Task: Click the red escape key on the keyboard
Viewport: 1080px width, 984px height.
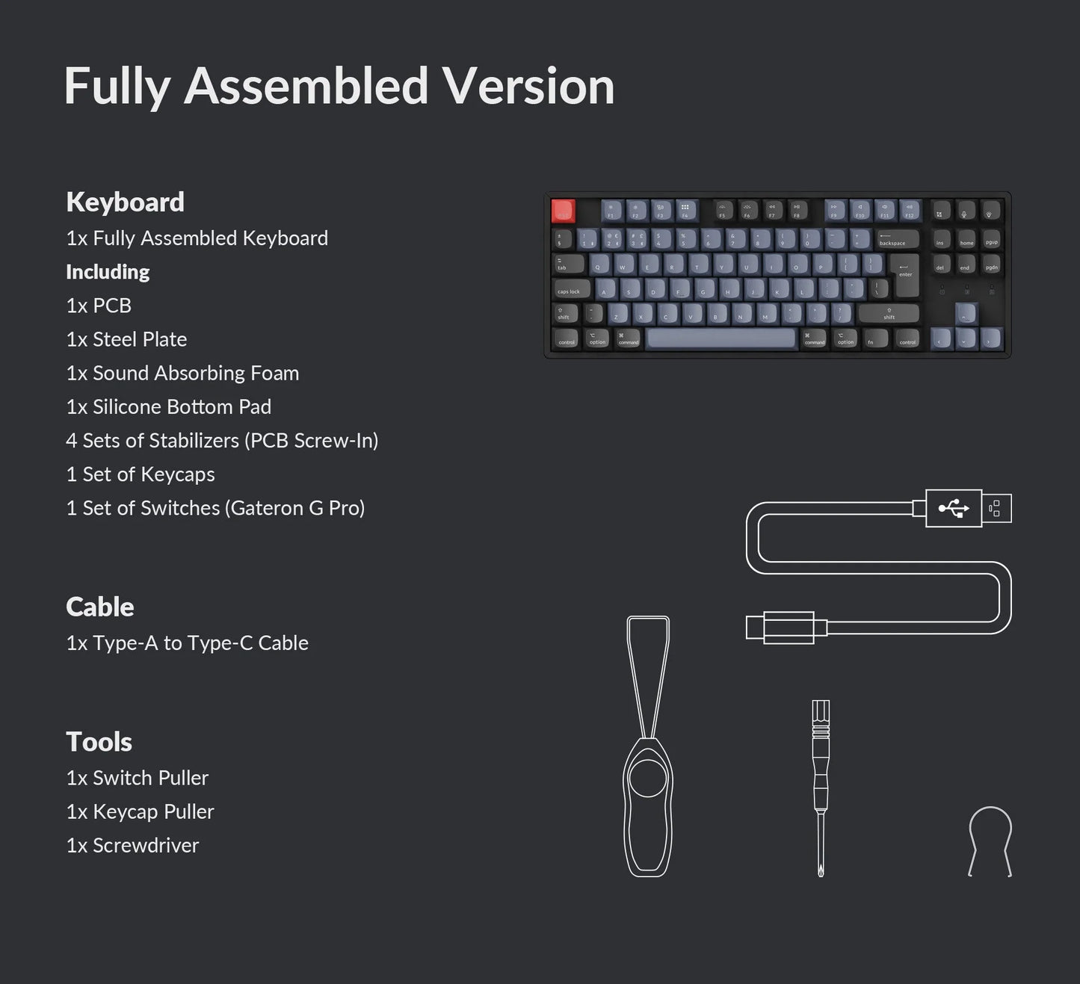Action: pos(563,211)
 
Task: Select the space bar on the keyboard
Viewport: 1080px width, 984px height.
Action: pos(721,338)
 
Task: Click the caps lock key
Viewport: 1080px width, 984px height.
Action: pos(571,289)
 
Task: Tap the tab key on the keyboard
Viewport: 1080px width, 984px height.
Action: pos(567,264)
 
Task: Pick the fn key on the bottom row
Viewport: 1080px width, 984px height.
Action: pos(874,339)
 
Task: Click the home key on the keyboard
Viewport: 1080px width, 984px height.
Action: pos(966,239)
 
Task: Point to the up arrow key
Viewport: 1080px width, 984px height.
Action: pos(966,314)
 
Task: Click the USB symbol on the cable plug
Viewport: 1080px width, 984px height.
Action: pos(954,509)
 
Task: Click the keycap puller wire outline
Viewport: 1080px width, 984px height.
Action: pos(990,841)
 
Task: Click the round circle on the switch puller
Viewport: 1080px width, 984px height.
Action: pos(647,779)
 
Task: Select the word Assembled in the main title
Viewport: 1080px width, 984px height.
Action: pos(306,86)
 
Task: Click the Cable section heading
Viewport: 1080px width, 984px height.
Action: pos(100,607)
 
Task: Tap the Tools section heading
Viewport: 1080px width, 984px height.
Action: pos(99,742)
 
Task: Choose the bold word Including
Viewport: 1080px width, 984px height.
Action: pos(108,272)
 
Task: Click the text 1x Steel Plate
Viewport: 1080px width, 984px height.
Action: pos(126,339)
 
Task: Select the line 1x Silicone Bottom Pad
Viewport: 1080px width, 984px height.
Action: pos(168,406)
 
